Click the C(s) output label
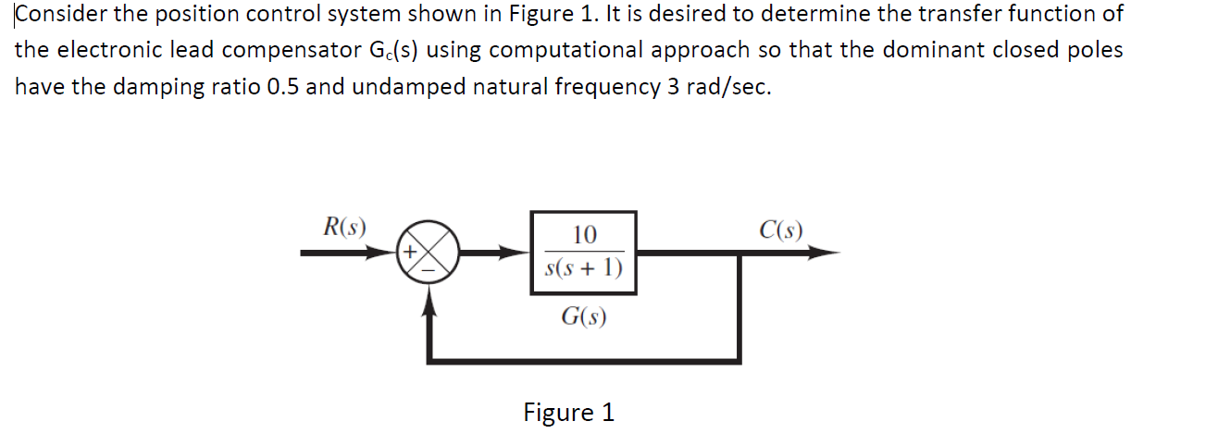coord(780,229)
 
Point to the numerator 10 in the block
coord(584,234)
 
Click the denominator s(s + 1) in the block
coord(584,268)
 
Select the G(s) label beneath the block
coord(584,316)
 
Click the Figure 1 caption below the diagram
coord(568,412)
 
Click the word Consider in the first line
coord(55,15)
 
